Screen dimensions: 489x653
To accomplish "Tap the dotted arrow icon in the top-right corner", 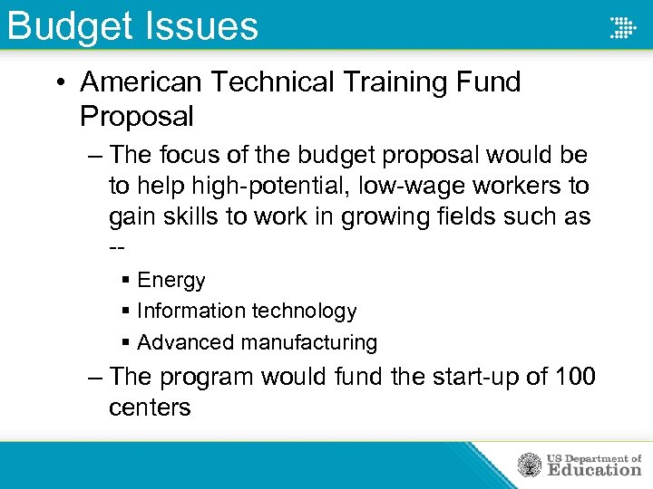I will click(x=622, y=26).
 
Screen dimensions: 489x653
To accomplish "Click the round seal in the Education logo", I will click(x=530, y=465).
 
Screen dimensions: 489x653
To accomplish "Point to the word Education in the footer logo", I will click(x=593, y=470).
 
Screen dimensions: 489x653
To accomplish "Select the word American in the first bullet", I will click(x=141, y=82).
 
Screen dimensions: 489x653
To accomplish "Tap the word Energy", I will click(x=171, y=281).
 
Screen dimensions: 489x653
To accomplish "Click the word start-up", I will click(x=438, y=376).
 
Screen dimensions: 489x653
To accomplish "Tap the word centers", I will click(x=150, y=407).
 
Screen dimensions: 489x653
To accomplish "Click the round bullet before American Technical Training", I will click(x=59, y=83).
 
